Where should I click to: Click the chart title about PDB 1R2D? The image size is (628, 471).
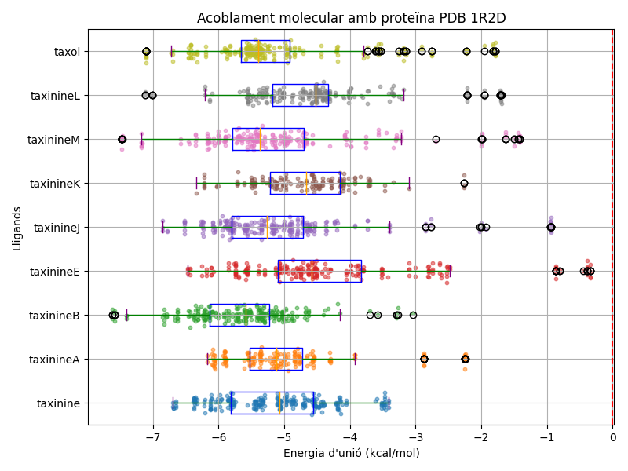pos(351,18)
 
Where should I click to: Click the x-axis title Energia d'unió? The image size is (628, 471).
pos(351,453)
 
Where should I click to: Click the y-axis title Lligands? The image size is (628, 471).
pos(17,228)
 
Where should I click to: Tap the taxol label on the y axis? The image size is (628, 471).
pos(67,52)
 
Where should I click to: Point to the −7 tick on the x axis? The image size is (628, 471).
pos(153,437)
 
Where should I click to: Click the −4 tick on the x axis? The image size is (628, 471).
pos(350,437)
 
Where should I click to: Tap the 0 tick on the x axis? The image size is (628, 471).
pos(613,437)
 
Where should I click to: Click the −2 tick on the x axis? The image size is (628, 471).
pos(481,437)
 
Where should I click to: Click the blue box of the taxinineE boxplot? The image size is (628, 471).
pos(319,271)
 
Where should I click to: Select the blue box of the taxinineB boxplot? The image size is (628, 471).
pos(239,315)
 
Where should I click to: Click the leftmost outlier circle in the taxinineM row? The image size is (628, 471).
pos(122,139)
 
